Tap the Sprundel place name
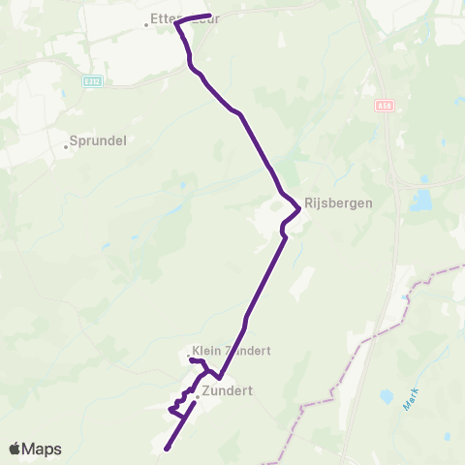(x=100, y=139)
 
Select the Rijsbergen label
(x=338, y=203)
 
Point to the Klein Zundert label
(x=232, y=351)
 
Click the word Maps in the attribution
(x=42, y=449)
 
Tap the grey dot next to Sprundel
(x=67, y=147)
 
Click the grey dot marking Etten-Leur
(x=146, y=25)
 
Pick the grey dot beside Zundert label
(x=197, y=396)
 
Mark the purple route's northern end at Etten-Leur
(x=210, y=15)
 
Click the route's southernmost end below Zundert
(x=166, y=449)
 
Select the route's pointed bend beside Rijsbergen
(x=298, y=209)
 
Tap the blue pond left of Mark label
(x=388, y=395)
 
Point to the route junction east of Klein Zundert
(x=220, y=378)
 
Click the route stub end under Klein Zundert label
(x=190, y=360)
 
